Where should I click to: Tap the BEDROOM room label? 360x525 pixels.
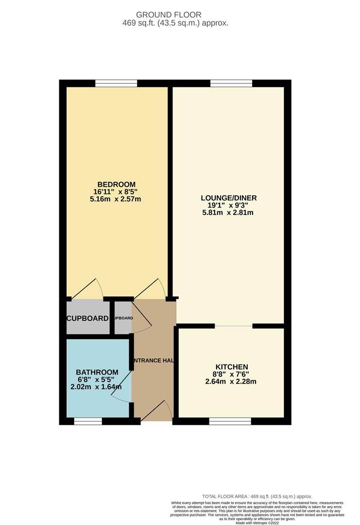116,184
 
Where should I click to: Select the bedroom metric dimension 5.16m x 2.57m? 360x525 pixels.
116,199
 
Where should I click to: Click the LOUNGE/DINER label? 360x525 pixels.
228,198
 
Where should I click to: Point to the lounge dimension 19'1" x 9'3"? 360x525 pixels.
228,205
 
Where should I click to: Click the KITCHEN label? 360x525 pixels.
232,367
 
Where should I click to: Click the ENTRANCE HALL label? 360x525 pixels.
154,361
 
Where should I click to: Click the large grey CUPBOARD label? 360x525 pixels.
87,318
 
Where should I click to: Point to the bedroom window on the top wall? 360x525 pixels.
116,84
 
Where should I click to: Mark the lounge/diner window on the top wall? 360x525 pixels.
231,84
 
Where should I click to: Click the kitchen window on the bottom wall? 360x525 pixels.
230,421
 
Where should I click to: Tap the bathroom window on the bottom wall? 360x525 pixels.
88,421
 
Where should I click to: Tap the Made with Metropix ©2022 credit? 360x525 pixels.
257,523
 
